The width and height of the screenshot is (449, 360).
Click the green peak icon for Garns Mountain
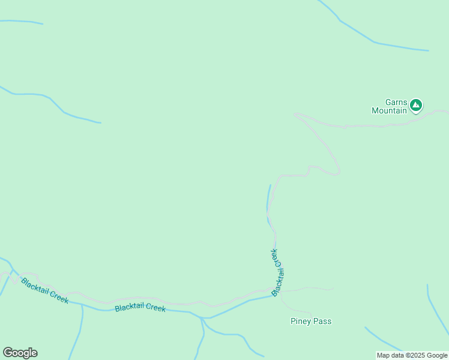point(415,106)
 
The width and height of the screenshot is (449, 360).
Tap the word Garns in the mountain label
point(396,103)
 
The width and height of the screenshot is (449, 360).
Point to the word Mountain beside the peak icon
point(389,110)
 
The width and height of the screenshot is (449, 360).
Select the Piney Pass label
point(310,322)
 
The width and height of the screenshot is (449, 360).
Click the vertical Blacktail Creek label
point(277,272)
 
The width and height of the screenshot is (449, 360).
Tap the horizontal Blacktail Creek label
point(140,308)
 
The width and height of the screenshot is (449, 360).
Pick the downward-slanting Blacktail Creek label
point(45,290)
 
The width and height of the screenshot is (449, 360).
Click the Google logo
point(20,353)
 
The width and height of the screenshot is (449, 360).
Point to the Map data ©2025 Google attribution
point(412,355)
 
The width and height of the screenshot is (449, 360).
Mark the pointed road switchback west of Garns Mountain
point(296,113)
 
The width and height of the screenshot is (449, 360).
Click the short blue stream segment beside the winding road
point(268,201)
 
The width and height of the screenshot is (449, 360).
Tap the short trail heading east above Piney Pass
point(309,289)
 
